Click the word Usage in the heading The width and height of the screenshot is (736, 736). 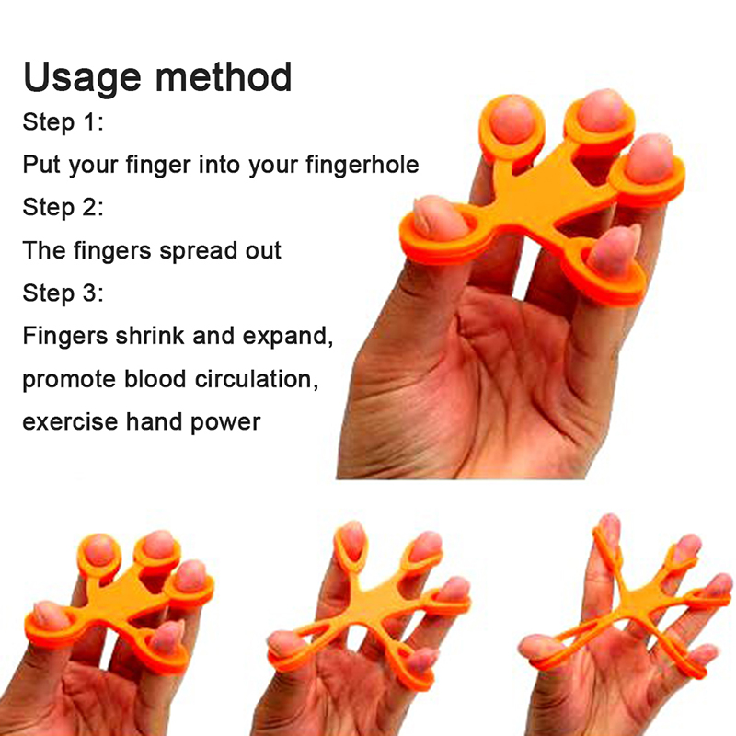tap(82, 78)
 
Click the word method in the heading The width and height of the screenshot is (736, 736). tap(224, 76)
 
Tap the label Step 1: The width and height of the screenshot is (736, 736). tap(63, 122)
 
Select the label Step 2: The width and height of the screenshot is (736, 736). tap(63, 207)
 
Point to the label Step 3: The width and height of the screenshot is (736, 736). tap(63, 293)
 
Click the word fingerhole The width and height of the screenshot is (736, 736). tap(362, 166)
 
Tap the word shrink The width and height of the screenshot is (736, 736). tap(150, 336)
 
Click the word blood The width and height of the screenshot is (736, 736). tap(155, 378)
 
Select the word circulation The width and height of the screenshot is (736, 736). tap(257, 379)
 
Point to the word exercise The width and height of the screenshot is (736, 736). tap(71, 421)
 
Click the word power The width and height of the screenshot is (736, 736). tap(225, 423)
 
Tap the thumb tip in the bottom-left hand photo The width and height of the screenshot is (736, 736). tap(44, 615)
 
